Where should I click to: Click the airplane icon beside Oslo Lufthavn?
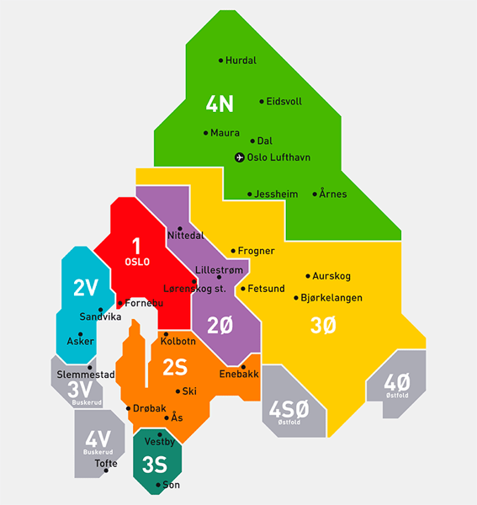click(239, 157)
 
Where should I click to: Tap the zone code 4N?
click(220, 104)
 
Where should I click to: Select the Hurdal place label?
click(241, 61)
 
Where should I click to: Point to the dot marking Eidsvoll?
click(262, 101)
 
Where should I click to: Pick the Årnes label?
click(333, 194)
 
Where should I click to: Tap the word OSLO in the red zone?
click(136, 262)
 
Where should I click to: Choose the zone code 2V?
click(86, 288)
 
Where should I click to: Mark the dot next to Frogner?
click(233, 251)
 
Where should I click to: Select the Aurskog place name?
click(331, 276)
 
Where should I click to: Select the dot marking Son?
click(158, 486)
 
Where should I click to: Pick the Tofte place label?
click(106, 464)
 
